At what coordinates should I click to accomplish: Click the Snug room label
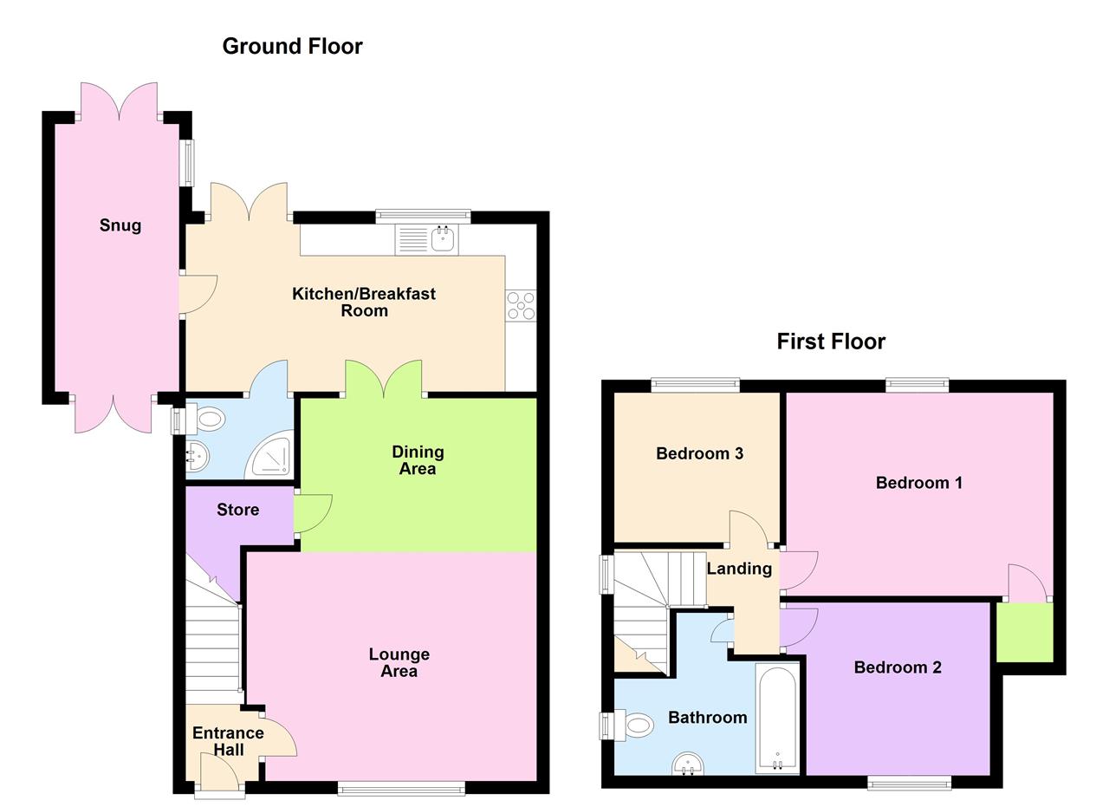click(120, 225)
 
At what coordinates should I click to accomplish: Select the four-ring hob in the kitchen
click(521, 305)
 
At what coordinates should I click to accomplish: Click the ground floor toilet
click(209, 421)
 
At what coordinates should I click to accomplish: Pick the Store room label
click(237, 510)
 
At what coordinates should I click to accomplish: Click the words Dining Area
click(418, 460)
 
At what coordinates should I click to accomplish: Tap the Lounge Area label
click(399, 662)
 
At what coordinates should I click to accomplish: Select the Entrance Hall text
click(228, 741)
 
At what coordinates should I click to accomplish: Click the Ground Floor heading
click(292, 46)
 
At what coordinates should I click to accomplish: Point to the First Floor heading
click(830, 342)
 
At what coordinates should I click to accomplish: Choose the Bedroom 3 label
click(699, 453)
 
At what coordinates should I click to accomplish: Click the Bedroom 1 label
click(918, 483)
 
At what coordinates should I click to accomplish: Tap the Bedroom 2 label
click(897, 667)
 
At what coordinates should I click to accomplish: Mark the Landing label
click(739, 569)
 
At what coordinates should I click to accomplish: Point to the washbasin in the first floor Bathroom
click(688, 763)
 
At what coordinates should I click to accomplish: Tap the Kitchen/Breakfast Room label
click(363, 302)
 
